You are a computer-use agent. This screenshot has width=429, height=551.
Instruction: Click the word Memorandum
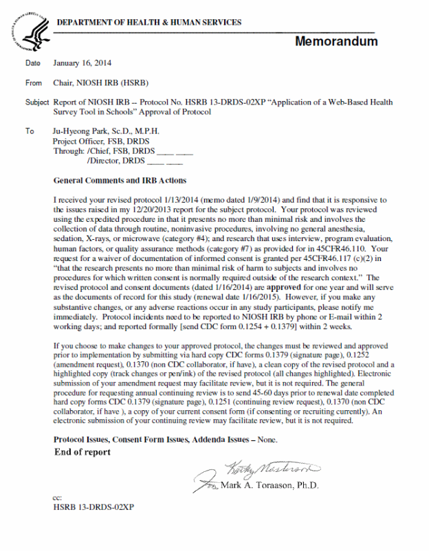click(x=336, y=41)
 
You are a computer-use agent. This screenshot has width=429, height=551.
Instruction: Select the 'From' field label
click(x=34, y=83)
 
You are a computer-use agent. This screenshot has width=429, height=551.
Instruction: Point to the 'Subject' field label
click(x=37, y=102)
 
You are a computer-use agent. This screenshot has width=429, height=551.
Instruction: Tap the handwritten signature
click(x=272, y=470)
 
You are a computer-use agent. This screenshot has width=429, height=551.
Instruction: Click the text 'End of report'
click(x=82, y=452)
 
